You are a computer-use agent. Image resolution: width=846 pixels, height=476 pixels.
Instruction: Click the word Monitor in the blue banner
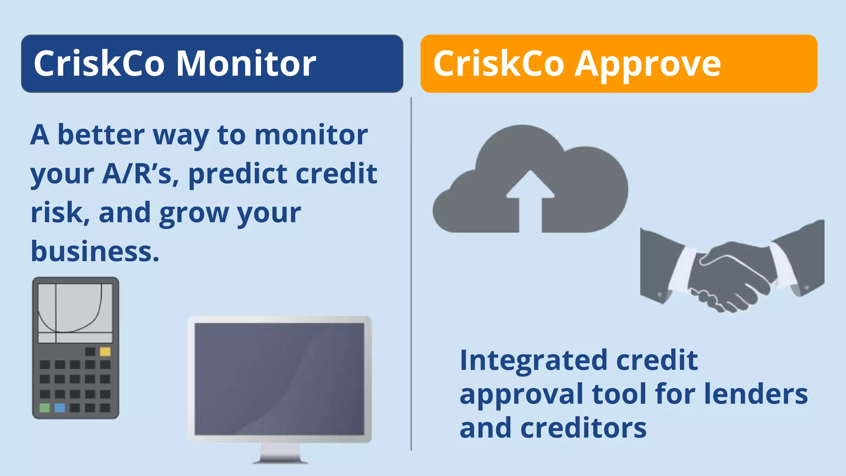coord(246,64)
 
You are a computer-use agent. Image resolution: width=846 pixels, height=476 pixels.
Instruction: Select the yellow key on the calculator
coord(105,352)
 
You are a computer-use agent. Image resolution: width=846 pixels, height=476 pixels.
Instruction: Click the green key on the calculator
coord(45,408)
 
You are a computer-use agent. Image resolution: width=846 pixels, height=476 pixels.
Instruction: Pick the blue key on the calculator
coord(60,408)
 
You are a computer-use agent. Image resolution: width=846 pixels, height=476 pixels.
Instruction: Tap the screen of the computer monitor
coord(279,378)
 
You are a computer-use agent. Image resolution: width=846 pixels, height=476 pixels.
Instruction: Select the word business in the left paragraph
coord(95,251)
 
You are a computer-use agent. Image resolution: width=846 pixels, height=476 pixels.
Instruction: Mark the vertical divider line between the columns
coord(411,273)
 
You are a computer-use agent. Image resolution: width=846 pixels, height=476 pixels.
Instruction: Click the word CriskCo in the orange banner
coord(498,64)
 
